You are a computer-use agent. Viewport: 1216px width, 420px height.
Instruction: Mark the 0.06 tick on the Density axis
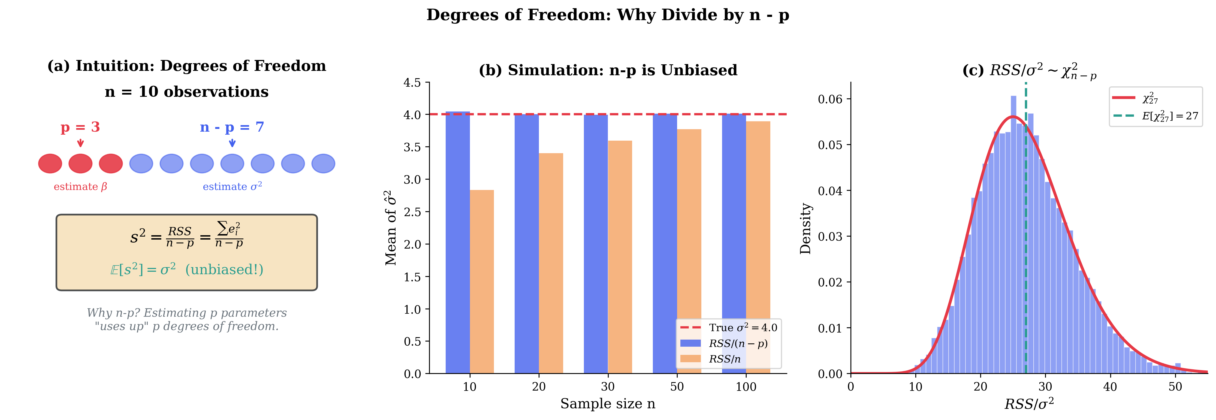tap(830, 99)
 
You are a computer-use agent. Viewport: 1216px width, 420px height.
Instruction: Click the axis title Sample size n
tap(608, 404)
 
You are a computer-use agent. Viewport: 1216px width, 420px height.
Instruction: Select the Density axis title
tap(805, 229)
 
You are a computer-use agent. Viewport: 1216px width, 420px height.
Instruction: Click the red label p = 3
tap(80, 127)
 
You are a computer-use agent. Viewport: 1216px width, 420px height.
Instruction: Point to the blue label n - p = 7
tap(232, 127)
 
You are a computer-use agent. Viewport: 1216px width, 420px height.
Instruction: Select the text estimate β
tap(80, 187)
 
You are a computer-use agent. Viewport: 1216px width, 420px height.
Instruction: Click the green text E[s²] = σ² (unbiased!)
tap(186, 270)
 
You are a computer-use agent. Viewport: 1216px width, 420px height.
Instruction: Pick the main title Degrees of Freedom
tap(608, 15)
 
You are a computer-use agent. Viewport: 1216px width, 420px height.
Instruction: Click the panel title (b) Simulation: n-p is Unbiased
tap(608, 70)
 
